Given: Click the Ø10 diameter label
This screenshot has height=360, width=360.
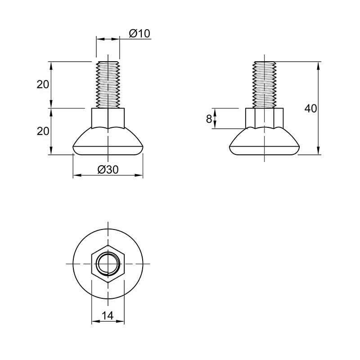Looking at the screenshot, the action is (139, 34).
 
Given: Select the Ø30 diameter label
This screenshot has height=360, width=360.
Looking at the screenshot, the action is (108, 170).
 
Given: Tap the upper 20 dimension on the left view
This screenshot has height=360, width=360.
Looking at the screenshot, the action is (43, 85).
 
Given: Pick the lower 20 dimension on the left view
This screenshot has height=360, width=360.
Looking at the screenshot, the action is (43, 131).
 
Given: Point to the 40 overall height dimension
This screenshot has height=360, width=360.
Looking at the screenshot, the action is (310, 108).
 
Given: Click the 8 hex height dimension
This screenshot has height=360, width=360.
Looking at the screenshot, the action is (209, 119).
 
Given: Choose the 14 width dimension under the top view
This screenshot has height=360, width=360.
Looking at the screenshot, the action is (108, 316).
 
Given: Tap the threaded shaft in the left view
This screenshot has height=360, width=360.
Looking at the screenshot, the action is (108, 85).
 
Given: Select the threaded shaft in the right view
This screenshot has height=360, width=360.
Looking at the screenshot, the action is (264, 85).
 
